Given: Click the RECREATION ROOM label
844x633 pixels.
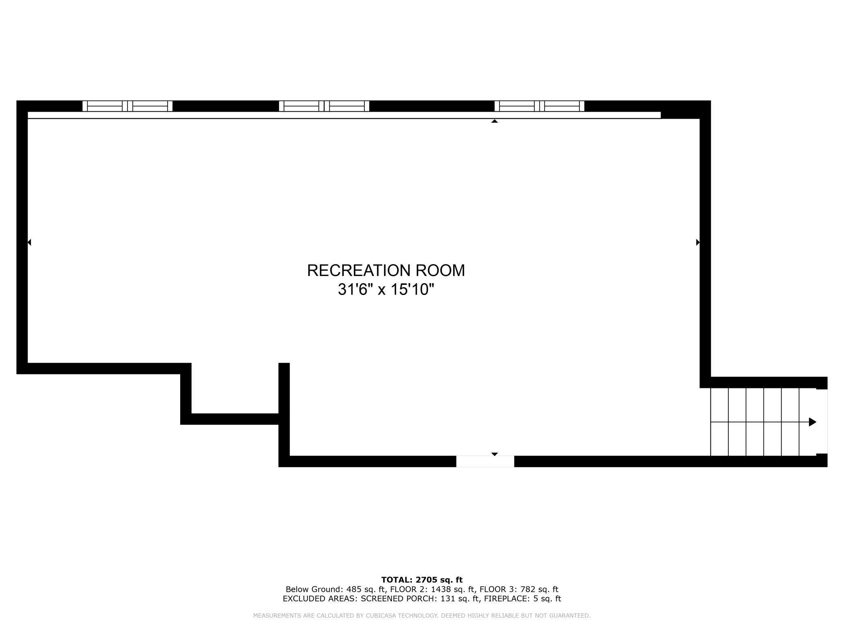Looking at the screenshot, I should point(386,271).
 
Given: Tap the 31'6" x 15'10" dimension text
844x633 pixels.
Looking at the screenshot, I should point(386,290).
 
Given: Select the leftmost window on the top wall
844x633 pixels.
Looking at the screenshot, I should point(127,106).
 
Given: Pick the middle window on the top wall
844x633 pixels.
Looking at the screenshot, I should point(324,106).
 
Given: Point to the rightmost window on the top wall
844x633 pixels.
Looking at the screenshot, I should point(539,106).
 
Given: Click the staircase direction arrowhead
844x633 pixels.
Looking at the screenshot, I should point(812,422).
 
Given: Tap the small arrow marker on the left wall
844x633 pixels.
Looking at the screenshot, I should point(29,242).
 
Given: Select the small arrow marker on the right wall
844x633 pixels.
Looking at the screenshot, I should point(698,242).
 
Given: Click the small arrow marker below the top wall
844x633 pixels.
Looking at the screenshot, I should point(494,121).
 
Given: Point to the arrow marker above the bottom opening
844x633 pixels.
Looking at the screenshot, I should point(494,454).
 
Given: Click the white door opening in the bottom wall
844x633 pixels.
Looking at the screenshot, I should point(485,461).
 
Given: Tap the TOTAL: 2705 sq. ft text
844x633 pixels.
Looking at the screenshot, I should point(422,580).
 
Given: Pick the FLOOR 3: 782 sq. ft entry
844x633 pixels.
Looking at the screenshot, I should point(519,589).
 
